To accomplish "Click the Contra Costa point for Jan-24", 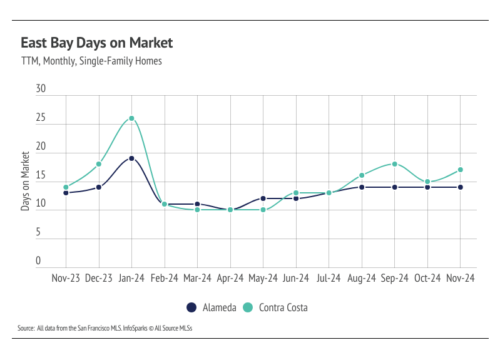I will coord(131,118).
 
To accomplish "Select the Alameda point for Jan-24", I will coord(131,158).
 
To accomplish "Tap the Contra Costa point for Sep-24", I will coord(395,164).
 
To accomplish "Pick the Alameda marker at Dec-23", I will coord(99,187).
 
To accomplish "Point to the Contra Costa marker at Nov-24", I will coord(461,170).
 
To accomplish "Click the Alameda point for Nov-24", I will coord(461,187).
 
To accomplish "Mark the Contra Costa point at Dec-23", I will coord(99,164).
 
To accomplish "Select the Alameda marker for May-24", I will coord(263,198).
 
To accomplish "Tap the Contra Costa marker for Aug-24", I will coord(362,175).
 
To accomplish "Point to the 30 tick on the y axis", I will coord(41,90).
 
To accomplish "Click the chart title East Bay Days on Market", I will coord(96,43).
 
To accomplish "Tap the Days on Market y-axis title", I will coord(26,180).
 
